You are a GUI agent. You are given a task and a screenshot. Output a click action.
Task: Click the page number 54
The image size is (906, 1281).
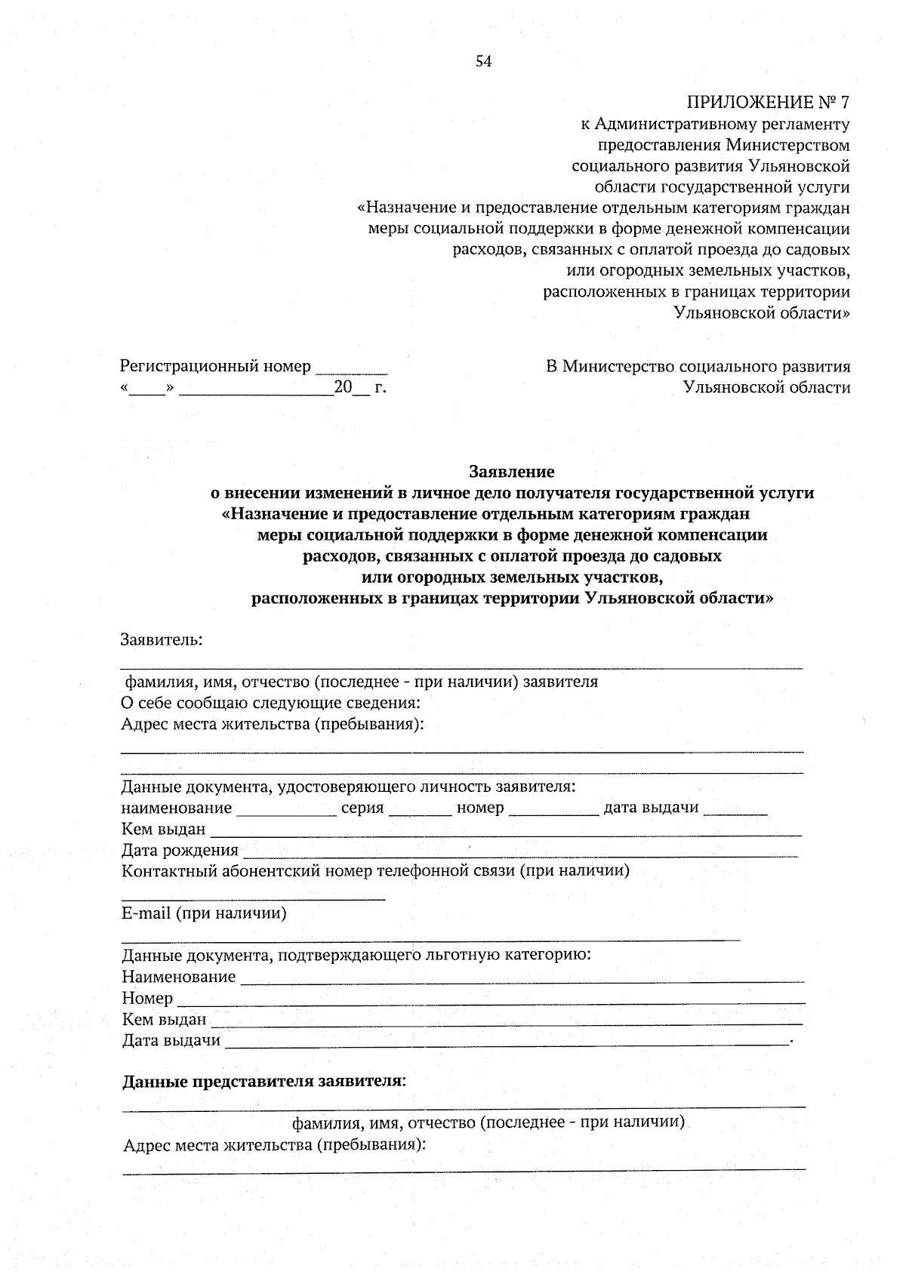coord(483,62)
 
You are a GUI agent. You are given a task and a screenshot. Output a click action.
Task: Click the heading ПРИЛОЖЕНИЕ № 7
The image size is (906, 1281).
coord(768,102)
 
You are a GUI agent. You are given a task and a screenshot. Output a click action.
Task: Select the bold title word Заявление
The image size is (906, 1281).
coord(512,472)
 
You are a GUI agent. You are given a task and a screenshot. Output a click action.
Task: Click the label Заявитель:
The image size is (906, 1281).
coord(162,640)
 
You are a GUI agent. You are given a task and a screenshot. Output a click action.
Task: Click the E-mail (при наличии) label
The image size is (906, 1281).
coord(205,913)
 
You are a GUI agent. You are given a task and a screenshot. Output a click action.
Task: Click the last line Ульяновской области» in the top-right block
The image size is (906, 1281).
coord(762,313)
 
